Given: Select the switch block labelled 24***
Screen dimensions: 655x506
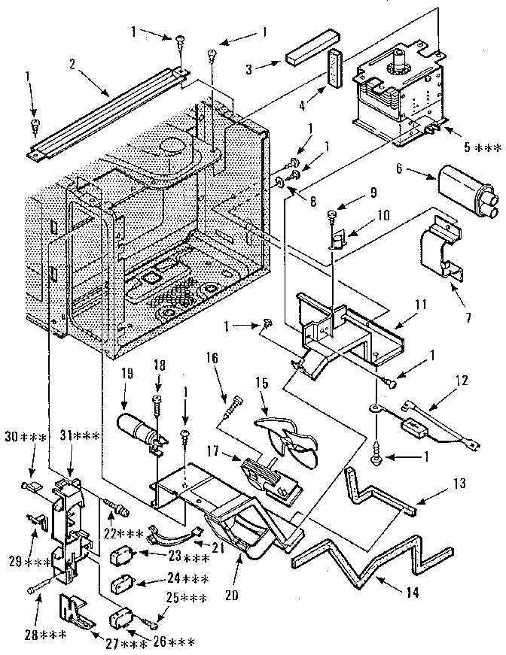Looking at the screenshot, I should click(120, 584).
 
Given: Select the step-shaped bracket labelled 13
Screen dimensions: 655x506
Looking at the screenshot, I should click(376, 493).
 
